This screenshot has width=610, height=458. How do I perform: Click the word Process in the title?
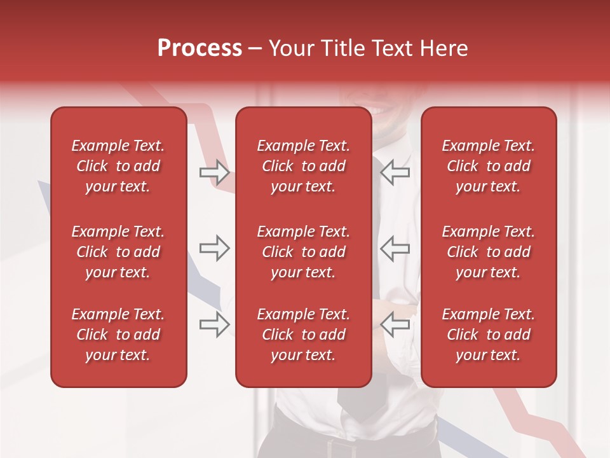point(200,48)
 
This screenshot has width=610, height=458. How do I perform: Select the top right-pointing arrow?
point(214,172)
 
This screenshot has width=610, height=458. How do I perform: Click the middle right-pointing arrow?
point(214,248)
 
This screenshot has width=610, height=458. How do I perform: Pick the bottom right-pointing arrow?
point(214,324)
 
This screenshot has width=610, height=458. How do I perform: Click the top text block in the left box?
point(118,166)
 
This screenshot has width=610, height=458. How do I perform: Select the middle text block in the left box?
point(118,252)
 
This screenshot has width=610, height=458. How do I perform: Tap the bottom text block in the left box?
point(118,335)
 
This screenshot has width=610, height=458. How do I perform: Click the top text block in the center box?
point(303,166)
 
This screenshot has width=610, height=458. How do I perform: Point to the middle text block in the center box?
point(303,252)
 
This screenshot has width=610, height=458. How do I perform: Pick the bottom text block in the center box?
point(303,335)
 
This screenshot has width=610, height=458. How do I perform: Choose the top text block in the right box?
point(488,166)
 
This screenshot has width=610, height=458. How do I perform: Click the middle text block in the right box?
point(488,252)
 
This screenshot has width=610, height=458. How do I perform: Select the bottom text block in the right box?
point(488,335)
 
